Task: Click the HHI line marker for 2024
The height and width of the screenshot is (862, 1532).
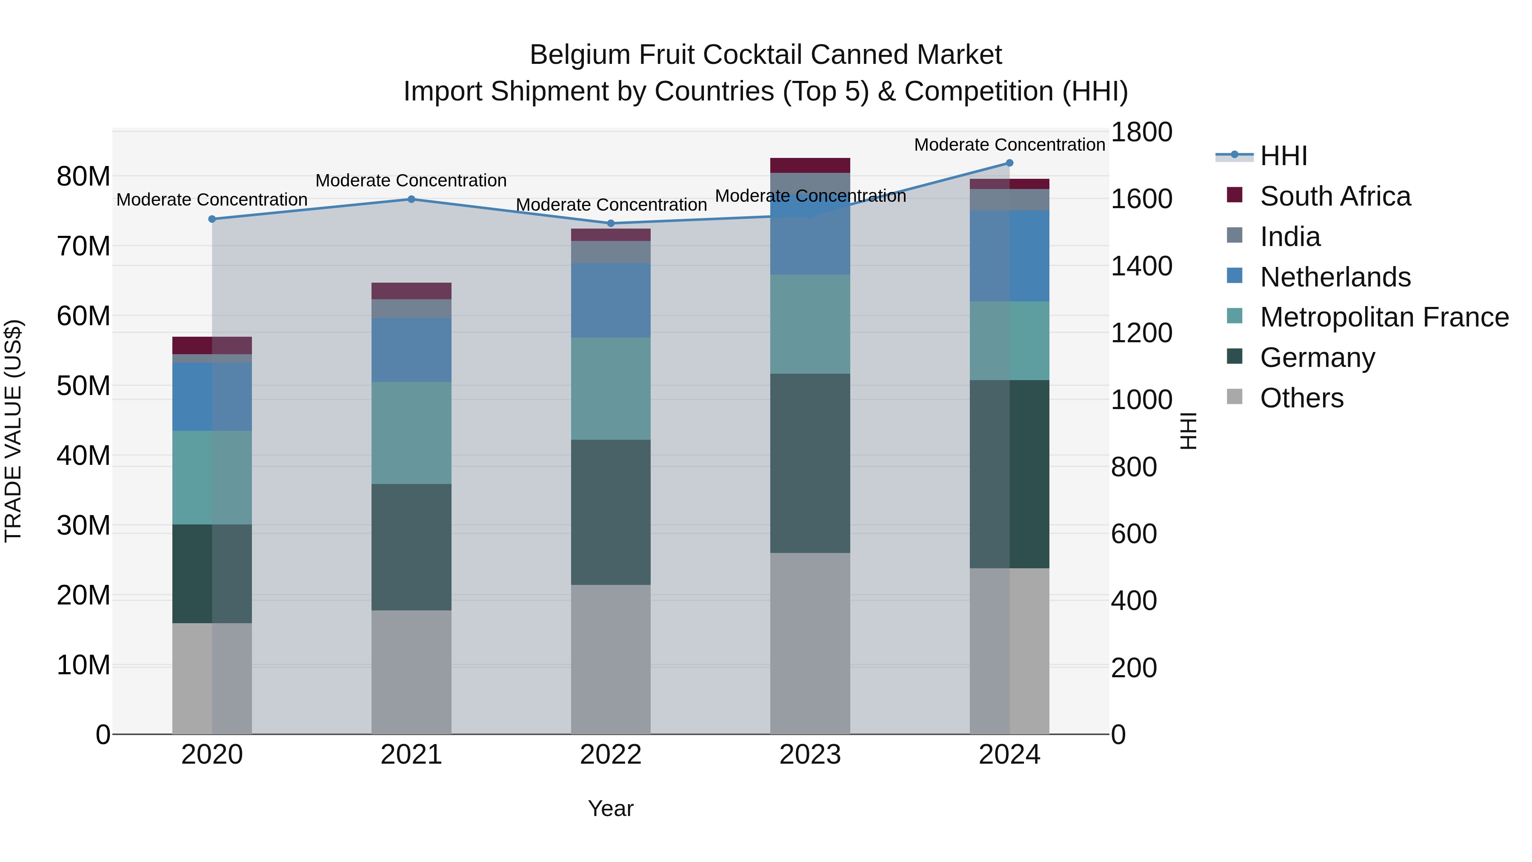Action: click(x=1009, y=163)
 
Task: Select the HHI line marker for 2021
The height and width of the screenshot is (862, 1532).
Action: click(x=411, y=199)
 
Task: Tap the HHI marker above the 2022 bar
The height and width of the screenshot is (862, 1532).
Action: click(x=611, y=223)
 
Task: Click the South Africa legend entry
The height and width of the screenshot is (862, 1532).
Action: click(x=1335, y=196)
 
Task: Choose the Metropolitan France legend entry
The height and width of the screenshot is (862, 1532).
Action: click(x=1384, y=317)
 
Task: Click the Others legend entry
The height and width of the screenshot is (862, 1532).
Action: click(x=1301, y=398)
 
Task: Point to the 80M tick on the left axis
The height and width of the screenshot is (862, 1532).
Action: click(x=83, y=177)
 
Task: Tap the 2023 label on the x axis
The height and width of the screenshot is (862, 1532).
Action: click(x=809, y=755)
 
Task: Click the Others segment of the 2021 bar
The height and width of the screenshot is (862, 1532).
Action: click(x=411, y=672)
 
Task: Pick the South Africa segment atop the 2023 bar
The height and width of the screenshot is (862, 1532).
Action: click(x=809, y=166)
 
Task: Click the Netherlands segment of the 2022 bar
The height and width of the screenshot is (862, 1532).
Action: click(x=611, y=301)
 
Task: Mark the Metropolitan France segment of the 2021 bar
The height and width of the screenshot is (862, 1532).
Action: click(x=411, y=432)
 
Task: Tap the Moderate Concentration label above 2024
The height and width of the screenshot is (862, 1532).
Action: click(x=1009, y=145)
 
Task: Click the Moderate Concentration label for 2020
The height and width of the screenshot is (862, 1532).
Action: click(x=212, y=200)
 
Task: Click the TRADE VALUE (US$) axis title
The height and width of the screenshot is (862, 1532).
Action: click(x=13, y=431)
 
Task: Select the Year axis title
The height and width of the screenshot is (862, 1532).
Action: click(x=611, y=808)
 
